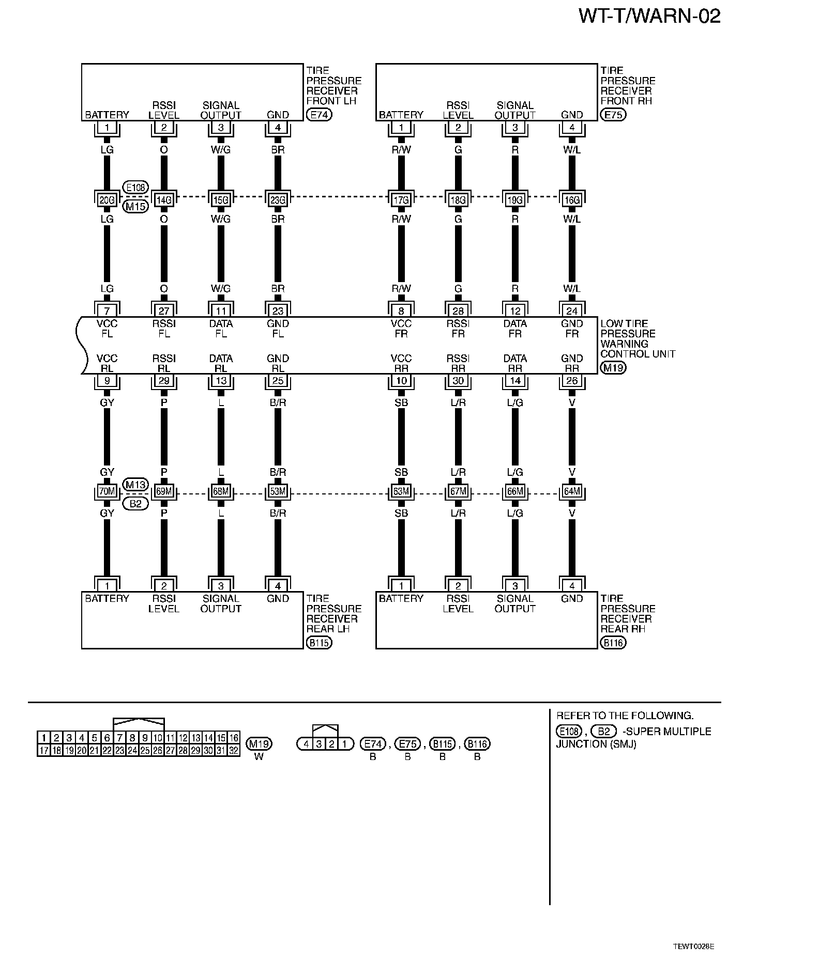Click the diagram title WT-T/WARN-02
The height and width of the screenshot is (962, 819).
point(649,17)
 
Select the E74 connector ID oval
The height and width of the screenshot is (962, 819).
point(318,115)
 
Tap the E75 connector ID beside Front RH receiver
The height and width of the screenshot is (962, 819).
point(613,115)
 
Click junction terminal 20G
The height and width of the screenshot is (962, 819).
point(107,199)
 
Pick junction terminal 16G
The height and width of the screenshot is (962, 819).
point(572,199)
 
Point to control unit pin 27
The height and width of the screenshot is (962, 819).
point(164,311)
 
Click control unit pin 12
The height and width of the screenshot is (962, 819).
point(515,311)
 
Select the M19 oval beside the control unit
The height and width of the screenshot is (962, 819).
point(613,368)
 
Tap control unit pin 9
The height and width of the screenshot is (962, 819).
point(107,381)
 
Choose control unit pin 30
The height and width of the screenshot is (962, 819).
point(458,381)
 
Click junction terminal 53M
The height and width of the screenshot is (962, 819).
point(278,491)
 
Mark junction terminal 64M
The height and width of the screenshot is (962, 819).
point(572,491)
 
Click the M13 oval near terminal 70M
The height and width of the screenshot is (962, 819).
point(135,485)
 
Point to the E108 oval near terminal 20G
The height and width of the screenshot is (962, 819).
point(135,187)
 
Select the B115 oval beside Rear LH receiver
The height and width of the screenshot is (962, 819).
point(318,643)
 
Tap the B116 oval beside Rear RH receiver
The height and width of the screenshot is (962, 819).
point(613,643)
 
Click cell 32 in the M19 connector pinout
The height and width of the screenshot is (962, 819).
point(234,751)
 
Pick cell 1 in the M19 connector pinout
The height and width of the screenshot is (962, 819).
point(44,738)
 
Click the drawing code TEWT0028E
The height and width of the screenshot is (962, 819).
point(693,946)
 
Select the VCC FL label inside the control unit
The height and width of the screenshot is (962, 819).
point(107,329)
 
